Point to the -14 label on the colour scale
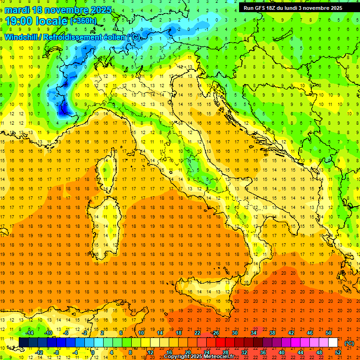(x=30, y=333)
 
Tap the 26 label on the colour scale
(x=215, y=333)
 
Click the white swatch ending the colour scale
(x=333, y=343)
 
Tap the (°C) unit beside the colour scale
(x=349, y=343)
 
